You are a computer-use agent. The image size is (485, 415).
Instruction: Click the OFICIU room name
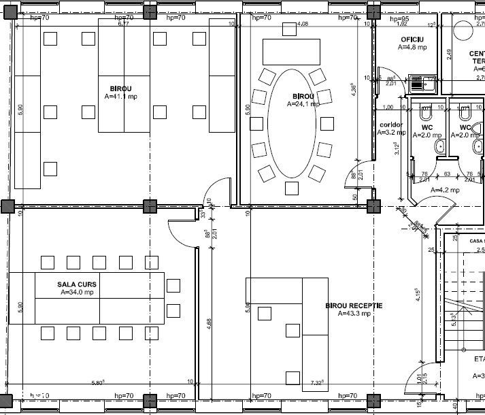click(412, 40)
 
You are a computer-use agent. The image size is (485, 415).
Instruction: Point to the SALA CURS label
click(76, 284)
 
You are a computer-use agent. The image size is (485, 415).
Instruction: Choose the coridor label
click(392, 125)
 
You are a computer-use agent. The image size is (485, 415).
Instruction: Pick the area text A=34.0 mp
click(76, 292)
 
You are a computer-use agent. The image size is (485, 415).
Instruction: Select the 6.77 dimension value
click(124, 24)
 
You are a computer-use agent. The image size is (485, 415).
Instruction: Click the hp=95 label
click(399, 18)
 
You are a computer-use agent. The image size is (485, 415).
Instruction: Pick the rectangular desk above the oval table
click(291, 50)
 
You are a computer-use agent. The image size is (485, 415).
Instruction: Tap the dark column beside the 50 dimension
click(373, 205)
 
